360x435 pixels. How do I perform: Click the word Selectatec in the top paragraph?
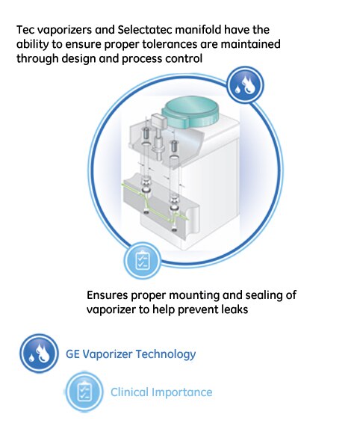point(148,30)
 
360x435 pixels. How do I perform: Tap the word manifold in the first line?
point(205,30)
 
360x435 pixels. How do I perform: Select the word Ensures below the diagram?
point(108,294)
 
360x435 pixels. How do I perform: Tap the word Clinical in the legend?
point(130,392)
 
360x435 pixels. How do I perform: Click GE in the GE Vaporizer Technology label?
point(74,354)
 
